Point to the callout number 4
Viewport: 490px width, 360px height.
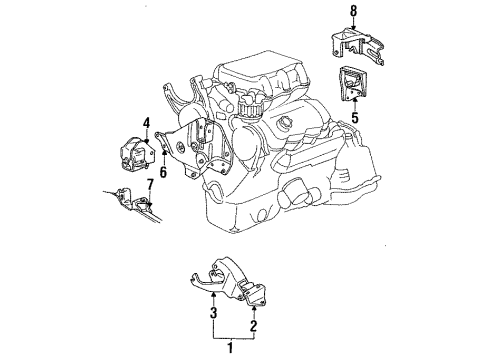point(145,123)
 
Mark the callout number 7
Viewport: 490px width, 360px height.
point(150,184)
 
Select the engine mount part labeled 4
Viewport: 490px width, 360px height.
point(131,150)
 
